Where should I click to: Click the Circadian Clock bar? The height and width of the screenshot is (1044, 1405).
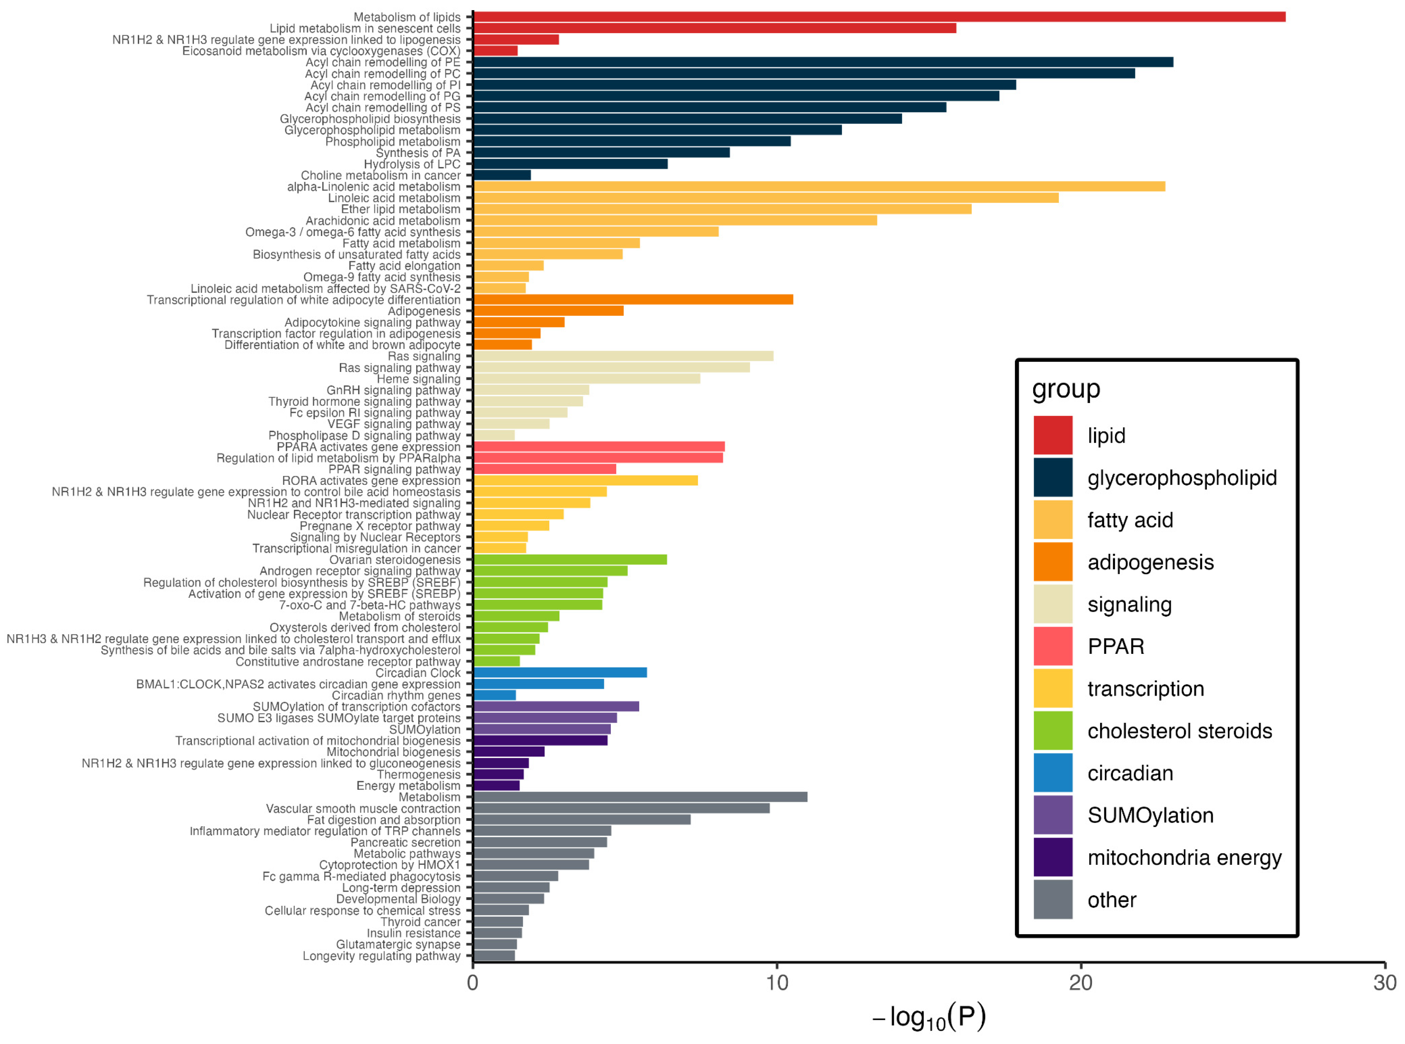[560, 673]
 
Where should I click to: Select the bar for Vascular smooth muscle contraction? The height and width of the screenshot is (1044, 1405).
[621, 808]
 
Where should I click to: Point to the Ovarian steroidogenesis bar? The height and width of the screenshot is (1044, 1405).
[570, 559]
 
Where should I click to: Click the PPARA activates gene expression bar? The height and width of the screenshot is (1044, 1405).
[599, 447]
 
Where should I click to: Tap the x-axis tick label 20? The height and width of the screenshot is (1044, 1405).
[1080, 983]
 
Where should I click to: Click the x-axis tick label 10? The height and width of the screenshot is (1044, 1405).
[776, 983]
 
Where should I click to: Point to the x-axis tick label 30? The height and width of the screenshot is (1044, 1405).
[1384, 983]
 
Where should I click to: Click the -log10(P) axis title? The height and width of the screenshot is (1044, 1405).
[928, 1018]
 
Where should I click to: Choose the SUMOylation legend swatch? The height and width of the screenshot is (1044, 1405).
[1053, 815]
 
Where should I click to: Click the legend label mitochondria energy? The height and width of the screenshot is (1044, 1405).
[1184, 857]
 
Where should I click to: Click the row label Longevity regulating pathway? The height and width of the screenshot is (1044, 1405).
[381, 956]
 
